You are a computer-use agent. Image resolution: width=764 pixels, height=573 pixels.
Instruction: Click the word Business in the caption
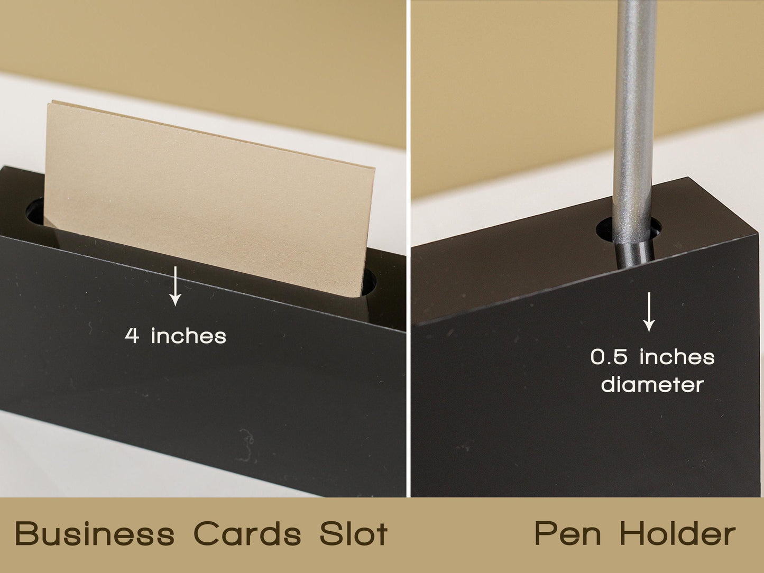95,534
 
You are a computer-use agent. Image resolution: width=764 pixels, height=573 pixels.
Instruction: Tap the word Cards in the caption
247,534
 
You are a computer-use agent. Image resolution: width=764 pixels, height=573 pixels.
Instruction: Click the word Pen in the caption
568,534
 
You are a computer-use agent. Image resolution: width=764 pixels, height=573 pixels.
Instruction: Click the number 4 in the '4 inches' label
132,336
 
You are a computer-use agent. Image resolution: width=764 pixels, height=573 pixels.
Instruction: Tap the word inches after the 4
189,336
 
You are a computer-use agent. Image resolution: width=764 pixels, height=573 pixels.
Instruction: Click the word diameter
652,384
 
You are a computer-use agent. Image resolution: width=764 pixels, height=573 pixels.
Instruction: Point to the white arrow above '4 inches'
176,286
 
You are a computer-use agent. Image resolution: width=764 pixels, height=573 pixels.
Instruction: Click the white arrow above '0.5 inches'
649,312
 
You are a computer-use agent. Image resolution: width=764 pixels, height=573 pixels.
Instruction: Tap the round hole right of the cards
369,282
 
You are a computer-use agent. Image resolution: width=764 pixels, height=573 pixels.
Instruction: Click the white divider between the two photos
409,248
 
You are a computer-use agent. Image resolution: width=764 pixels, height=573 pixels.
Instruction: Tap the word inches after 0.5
677,357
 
